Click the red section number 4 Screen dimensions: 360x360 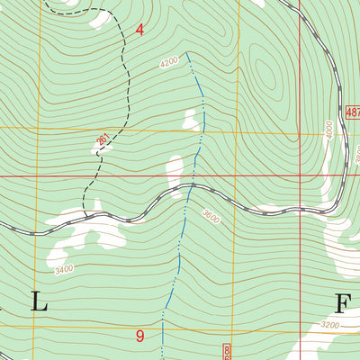coord(139,30)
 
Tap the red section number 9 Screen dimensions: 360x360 coord(139,337)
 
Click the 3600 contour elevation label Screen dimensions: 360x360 coord(211,216)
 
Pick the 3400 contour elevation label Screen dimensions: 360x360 coord(63,268)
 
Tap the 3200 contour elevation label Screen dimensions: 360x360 coord(330,324)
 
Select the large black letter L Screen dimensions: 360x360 coord(39,302)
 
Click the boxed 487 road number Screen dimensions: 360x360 coord(352,111)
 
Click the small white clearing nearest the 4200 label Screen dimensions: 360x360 coord(190,119)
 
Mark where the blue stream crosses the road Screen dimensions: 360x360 coord(192,186)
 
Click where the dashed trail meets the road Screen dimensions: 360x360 coord(87,216)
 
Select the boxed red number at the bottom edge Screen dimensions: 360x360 coord(226,352)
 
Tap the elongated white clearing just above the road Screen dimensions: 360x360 coord(176,171)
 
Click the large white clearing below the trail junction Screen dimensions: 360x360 coord(90,232)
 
